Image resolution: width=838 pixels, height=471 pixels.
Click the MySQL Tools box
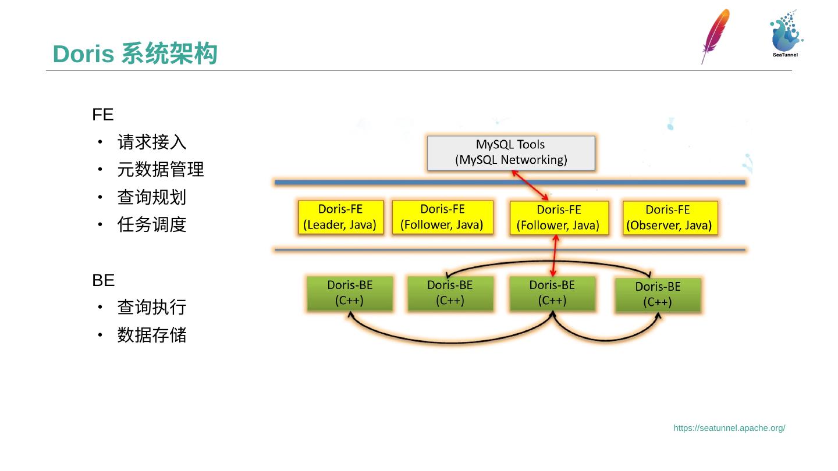511,153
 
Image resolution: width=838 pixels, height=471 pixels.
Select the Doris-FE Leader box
341,217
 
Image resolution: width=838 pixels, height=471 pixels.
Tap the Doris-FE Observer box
670,217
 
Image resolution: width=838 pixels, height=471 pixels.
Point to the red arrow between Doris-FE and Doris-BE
555,255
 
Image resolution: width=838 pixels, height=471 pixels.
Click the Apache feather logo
715,35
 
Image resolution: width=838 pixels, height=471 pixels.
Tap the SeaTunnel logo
786,34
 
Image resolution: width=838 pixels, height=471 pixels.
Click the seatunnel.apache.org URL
729,428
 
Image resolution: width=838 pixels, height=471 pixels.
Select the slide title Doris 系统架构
135,54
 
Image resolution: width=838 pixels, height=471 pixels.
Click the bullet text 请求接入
152,142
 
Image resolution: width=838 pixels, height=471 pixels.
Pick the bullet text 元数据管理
161,170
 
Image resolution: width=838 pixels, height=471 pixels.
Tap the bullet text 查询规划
152,197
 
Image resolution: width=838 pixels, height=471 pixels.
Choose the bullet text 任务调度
152,224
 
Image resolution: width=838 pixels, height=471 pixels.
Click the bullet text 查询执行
152,307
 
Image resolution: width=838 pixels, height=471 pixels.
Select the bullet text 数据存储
152,335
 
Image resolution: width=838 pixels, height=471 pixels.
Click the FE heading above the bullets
102,115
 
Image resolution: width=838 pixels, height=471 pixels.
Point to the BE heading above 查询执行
103,280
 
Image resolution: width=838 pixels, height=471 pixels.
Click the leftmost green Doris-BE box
350,293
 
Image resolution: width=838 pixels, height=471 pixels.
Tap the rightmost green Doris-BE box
658,295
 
